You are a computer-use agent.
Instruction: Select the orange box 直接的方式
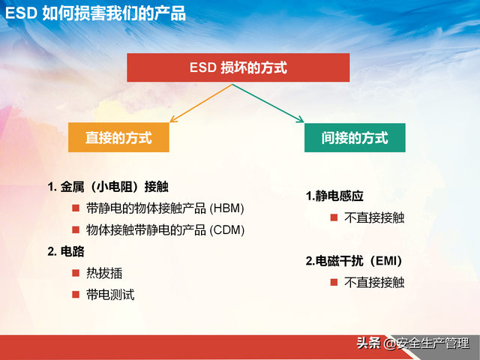point(118,138)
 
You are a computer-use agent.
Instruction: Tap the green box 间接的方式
point(355,138)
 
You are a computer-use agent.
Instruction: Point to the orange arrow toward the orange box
point(199,103)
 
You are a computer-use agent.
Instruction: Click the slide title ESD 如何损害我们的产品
point(96,13)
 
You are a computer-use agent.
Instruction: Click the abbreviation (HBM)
point(227,208)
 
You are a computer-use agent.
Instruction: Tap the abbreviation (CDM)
point(227,229)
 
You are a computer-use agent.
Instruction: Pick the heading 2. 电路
point(64,251)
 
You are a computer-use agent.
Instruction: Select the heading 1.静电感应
point(334,196)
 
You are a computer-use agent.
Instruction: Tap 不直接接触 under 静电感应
point(374,217)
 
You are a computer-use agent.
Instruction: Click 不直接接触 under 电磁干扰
point(374,283)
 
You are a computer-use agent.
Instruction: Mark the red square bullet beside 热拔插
point(75,273)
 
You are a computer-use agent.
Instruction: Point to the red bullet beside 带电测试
point(75,295)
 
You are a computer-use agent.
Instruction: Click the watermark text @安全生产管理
point(431,343)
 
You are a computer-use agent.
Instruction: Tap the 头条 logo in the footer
point(368,343)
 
